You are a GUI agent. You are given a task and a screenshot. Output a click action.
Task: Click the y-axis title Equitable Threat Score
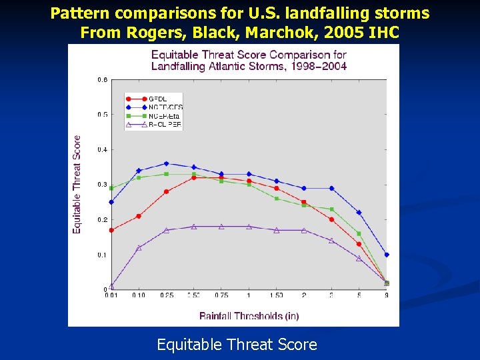click(x=77, y=184)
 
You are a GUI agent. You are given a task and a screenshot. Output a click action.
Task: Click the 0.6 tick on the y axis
click(x=103, y=79)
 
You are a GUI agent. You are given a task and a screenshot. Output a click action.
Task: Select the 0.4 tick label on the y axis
click(x=103, y=149)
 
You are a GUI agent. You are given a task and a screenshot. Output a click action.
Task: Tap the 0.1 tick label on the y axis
click(x=103, y=255)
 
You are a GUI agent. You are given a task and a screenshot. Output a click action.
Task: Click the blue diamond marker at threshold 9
click(x=387, y=255)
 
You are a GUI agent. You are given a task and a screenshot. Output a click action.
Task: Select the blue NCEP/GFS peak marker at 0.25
click(x=166, y=163)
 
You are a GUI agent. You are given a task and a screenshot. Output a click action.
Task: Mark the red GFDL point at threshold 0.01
click(x=111, y=230)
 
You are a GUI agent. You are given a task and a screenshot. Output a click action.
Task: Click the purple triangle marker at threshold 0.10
click(x=139, y=247)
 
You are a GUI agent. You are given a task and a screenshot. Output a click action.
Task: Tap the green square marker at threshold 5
click(x=359, y=233)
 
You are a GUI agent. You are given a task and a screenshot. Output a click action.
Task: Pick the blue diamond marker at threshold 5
click(x=359, y=213)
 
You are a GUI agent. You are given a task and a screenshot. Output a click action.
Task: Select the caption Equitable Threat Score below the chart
click(x=237, y=345)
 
